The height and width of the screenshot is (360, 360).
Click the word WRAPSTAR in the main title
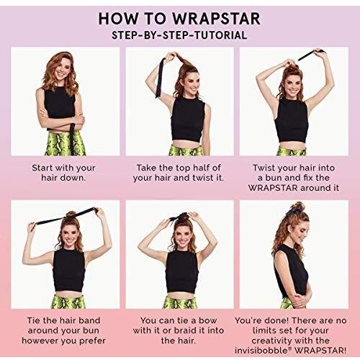pos(216,19)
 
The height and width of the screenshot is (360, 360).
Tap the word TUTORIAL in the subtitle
pos(220,35)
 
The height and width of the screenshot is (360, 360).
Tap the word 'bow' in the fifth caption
pos(208,320)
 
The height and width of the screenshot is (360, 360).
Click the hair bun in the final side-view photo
pos(297,207)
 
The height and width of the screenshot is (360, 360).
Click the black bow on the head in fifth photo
pos(177,217)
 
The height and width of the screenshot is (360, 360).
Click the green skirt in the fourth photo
pos(68,302)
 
